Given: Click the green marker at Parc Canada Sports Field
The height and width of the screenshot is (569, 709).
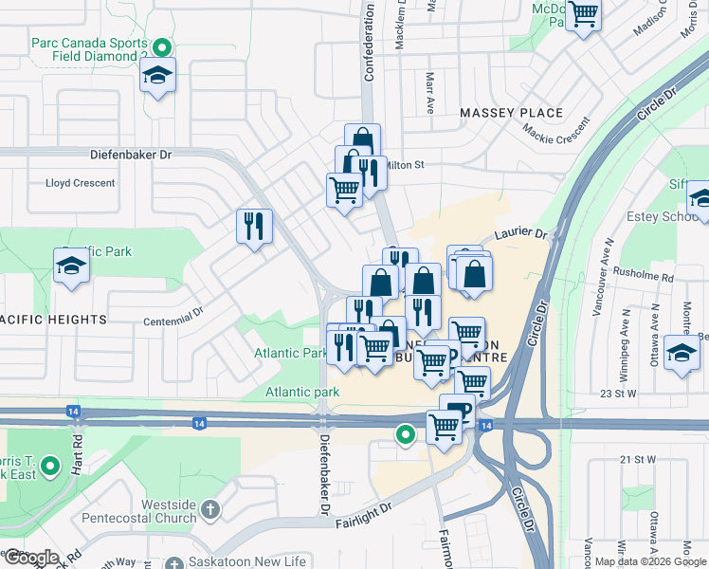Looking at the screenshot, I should coord(162,46).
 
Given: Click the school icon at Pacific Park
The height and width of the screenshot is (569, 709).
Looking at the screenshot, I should coord(71,268).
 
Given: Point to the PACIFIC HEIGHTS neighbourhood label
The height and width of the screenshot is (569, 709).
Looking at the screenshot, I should coord(53,320).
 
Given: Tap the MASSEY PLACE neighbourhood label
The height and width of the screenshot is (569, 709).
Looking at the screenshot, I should coord(511,113).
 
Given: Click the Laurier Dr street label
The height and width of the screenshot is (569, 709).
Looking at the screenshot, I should coord(520,233).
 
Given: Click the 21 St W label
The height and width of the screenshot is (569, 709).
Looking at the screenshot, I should coord(638,460).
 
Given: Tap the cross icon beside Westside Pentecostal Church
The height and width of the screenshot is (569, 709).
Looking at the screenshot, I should coord(209,510).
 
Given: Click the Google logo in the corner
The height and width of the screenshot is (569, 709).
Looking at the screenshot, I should coord(30,558).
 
